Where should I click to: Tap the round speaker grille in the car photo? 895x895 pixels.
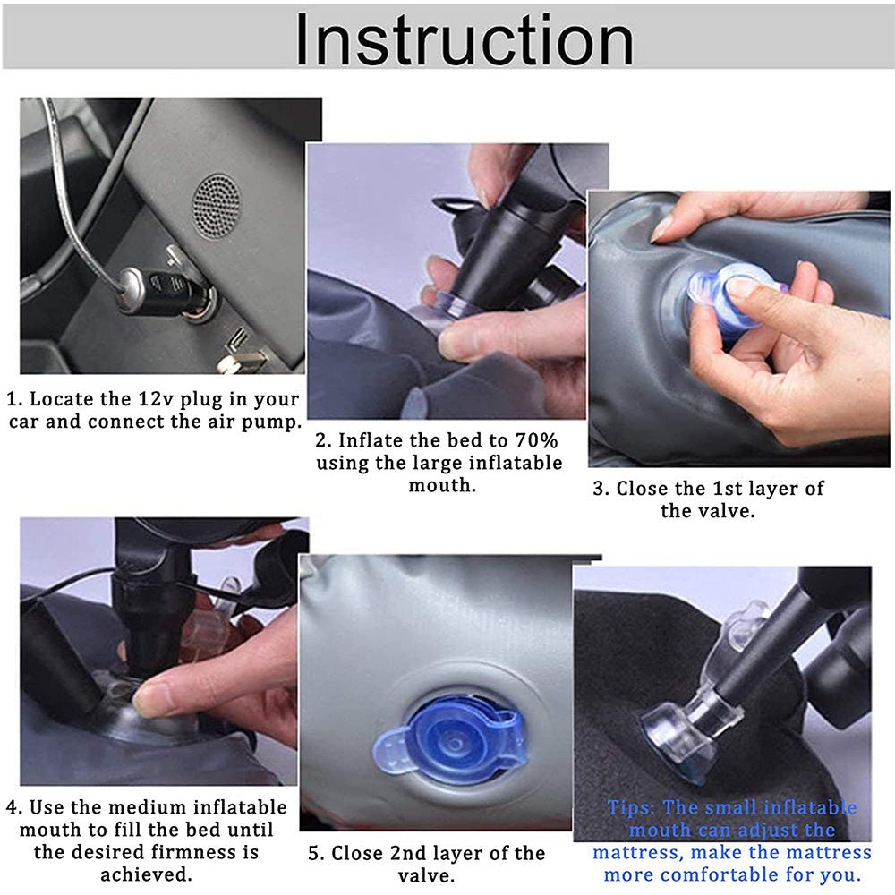click(217, 206)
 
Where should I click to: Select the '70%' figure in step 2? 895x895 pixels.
click(536, 440)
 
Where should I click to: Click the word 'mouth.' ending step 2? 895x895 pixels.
click(442, 485)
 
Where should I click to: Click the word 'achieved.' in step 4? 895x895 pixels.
click(146, 874)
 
